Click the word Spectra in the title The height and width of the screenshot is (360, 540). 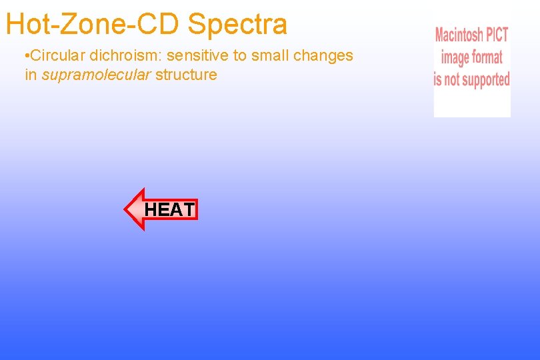237,24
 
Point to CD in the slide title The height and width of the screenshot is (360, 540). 162,24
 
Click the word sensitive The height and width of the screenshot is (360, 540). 198,55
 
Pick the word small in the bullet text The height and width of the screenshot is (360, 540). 269,55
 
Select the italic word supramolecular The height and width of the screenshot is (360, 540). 96,75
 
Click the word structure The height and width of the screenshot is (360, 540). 186,75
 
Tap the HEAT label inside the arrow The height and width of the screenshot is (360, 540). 169,210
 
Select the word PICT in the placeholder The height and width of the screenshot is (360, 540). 498,35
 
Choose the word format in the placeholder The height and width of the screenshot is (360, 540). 488,57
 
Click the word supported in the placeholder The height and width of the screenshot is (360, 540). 487,80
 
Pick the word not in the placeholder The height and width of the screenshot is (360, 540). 453,80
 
